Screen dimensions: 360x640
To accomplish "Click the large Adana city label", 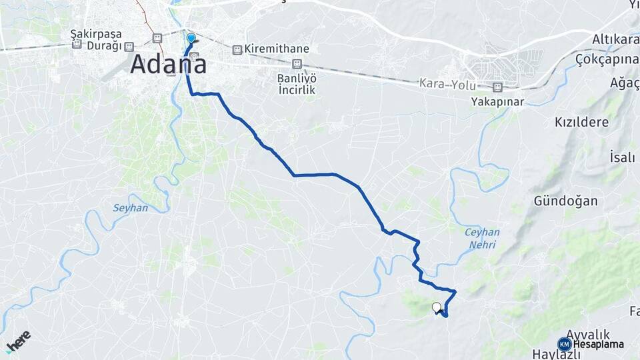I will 168,65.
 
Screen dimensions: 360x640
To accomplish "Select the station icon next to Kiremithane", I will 237,50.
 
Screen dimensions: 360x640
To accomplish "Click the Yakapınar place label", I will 497,102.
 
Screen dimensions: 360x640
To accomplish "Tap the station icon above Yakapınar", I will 497,87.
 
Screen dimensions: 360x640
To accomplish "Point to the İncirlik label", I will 297,89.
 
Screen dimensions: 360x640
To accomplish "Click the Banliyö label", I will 297,77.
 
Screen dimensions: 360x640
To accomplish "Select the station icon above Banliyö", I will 297,64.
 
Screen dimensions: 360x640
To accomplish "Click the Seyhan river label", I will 131,208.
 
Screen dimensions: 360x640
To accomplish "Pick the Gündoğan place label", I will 565,201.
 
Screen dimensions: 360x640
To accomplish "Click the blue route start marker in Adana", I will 191,38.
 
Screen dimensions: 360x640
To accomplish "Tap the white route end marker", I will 437,307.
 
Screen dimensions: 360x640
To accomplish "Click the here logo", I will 18,341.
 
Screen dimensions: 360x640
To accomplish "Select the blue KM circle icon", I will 565,344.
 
